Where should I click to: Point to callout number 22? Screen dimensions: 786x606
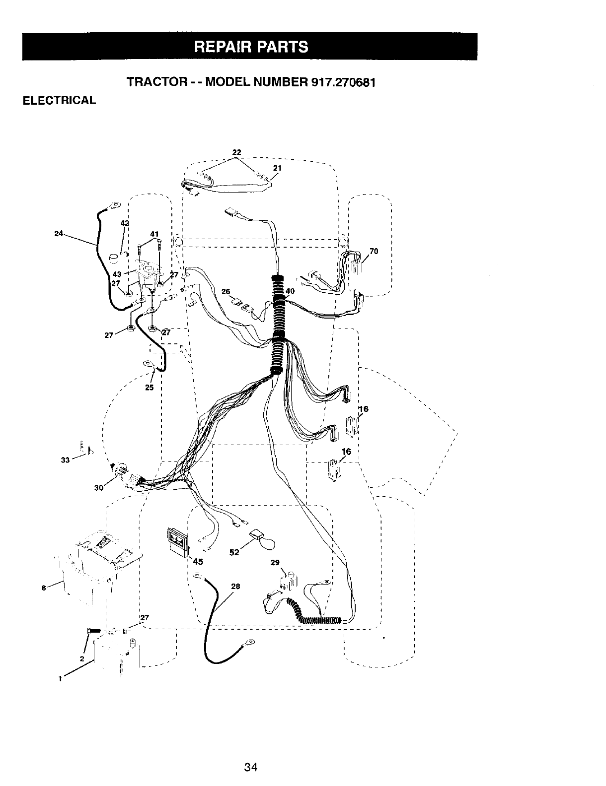point(236,152)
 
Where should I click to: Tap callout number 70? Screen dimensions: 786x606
point(374,251)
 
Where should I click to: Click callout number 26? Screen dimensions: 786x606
point(226,291)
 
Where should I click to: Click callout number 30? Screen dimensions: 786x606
point(98,487)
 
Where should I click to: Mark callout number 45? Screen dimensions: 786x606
point(198,562)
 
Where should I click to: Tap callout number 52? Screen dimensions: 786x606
point(235,552)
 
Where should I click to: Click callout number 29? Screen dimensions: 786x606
point(275,562)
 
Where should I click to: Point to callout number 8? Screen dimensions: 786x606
point(44,588)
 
